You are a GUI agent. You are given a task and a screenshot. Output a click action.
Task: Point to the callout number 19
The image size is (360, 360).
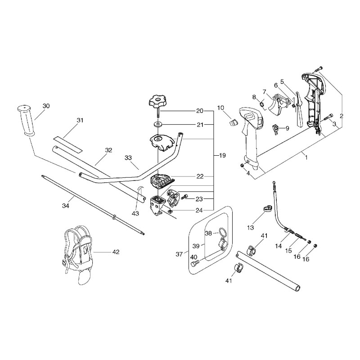click(222, 155)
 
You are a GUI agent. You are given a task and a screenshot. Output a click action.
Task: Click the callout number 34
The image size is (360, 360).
click(66, 206)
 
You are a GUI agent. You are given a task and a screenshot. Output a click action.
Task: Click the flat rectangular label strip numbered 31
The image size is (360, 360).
click(68, 144)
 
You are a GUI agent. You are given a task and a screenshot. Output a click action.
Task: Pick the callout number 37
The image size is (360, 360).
click(179, 254)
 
